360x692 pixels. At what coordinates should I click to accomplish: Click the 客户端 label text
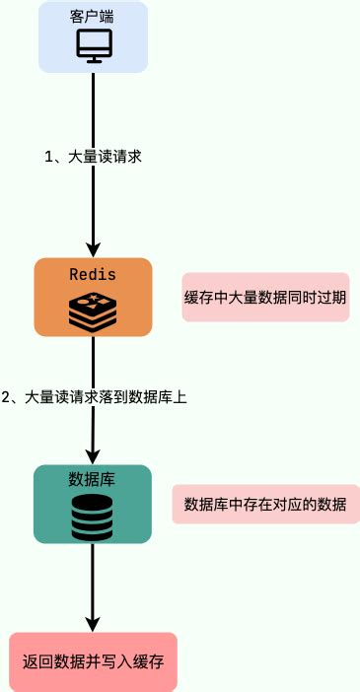tap(94, 18)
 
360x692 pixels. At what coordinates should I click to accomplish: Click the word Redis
tap(93, 273)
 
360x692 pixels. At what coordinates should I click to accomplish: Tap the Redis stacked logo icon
tap(93, 311)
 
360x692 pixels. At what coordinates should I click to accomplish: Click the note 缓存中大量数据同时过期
tap(265, 297)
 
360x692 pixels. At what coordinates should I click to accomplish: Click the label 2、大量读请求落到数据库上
tap(94, 398)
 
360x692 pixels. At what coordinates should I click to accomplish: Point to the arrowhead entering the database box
tap(94, 454)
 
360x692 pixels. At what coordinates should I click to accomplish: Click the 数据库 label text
tap(93, 479)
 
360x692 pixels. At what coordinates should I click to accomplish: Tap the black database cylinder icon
tap(93, 517)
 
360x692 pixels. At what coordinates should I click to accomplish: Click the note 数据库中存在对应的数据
tap(265, 505)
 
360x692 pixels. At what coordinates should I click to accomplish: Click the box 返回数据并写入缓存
tap(94, 660)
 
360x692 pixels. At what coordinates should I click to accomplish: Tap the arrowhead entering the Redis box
tap(94, 248)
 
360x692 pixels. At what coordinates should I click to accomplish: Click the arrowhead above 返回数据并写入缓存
tap(94, 623)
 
